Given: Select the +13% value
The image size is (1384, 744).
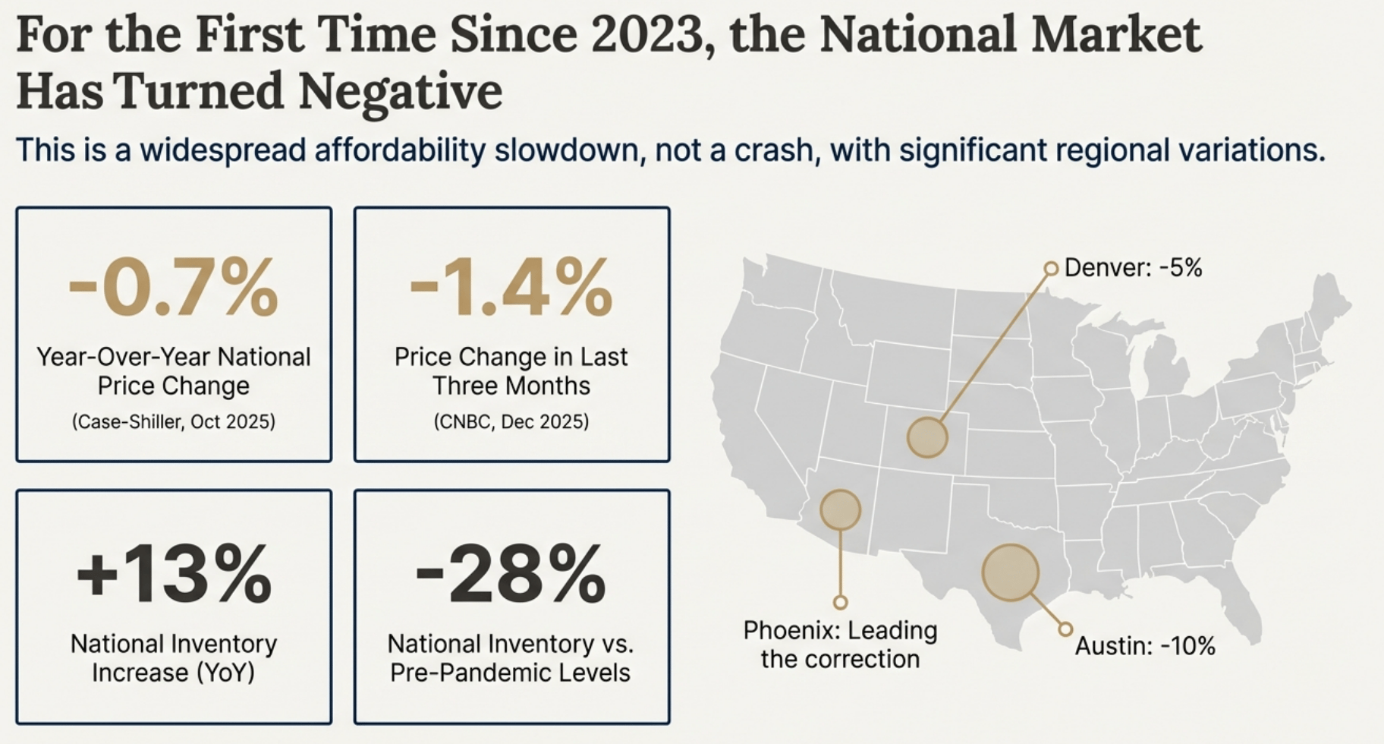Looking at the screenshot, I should [x=173, y=575].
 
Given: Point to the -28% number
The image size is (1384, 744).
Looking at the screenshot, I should [x=511, y=575].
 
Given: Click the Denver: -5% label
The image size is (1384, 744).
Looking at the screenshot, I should [x=1133, y=268].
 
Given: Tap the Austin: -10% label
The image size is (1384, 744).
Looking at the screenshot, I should [x=1145, y=646].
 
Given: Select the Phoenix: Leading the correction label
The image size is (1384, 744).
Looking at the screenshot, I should [x=840, y=645].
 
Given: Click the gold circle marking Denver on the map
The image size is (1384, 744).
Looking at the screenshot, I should [x=927, y=437].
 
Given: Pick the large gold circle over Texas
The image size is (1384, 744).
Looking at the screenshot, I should [x=1011, y=572].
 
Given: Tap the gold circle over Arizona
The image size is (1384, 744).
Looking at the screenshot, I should [x=840, y=509].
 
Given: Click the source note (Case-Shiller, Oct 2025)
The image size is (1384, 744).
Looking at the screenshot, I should [x=173, y=422].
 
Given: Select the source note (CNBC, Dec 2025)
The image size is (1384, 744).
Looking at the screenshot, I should [x=511, y=422].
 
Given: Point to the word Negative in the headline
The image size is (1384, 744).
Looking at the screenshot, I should [x=400, y=92].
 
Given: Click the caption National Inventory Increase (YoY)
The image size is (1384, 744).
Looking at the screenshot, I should [x=173, y=658].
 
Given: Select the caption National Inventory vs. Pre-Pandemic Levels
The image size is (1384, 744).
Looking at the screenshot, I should [x=511, y=658].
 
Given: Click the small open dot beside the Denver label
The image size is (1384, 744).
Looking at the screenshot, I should [x=1051, y=268].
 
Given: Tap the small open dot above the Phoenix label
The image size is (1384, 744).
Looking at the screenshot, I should [x=840, y=603].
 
